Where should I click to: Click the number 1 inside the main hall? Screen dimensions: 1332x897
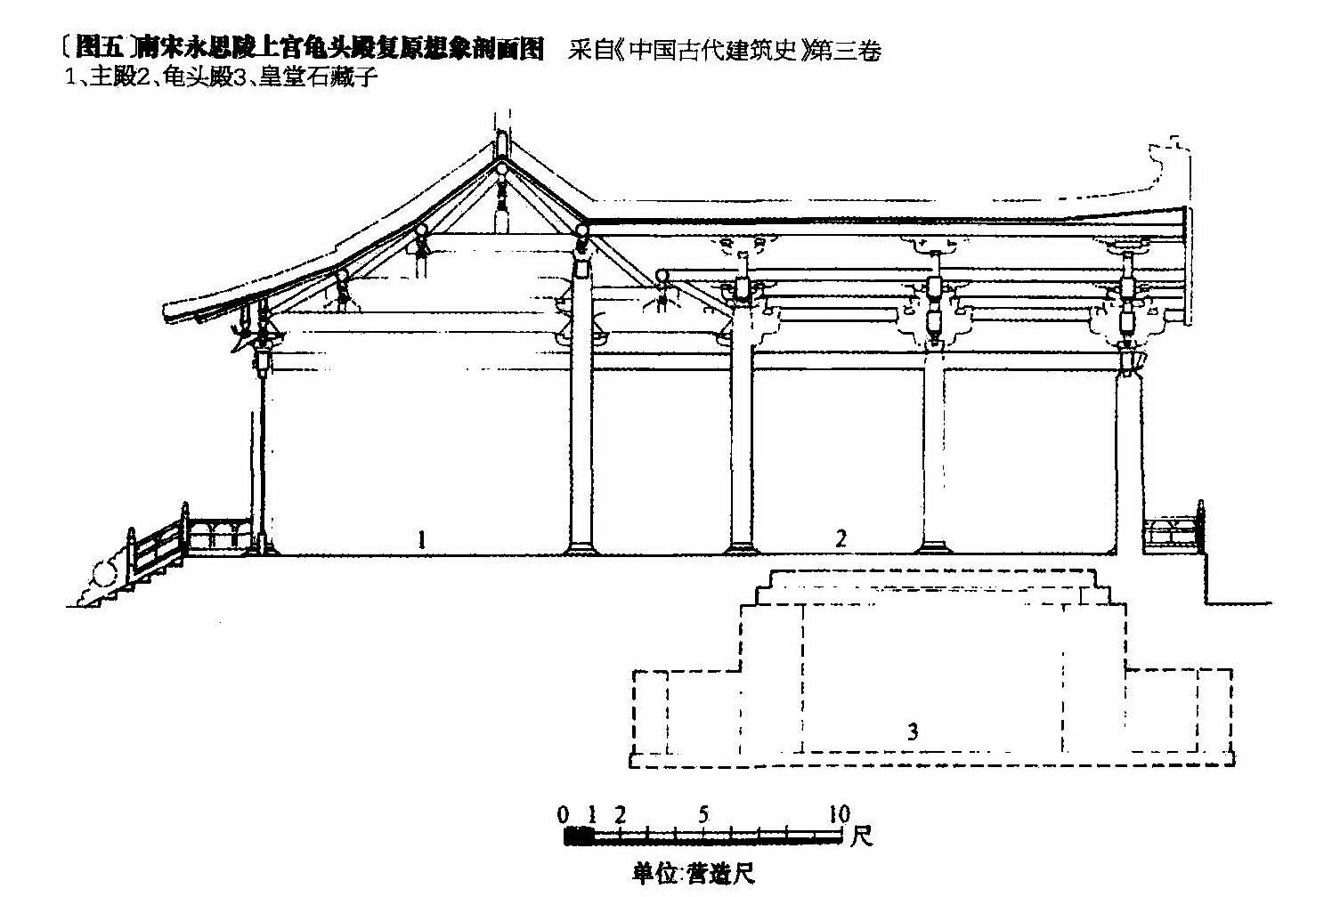(422, 538)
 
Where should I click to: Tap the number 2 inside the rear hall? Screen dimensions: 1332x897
(840, 537)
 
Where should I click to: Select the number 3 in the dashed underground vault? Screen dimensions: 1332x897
(913, 732)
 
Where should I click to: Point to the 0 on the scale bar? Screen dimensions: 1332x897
(563, 814)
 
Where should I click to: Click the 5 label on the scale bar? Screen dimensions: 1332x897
(704, 814)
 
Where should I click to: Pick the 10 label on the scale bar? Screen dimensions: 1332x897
(839, 814)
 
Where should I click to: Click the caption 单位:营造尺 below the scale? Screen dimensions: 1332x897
(693, 874)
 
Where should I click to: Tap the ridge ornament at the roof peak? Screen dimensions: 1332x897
(501, 142)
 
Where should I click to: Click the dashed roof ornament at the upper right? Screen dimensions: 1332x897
(1166, 160)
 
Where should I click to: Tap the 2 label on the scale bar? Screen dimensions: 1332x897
(620, 814)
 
